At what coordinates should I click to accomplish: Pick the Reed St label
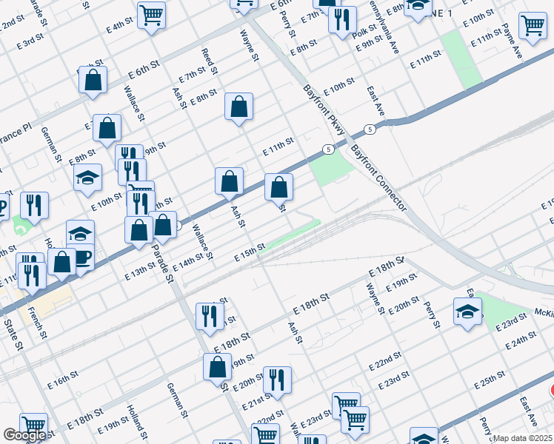click(x=210, y=62)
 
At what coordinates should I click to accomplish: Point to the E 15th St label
click(x=250, y=252)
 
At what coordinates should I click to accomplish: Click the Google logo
click(x=24, y=435)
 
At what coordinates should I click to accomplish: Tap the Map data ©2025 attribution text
click(x=523, y=438)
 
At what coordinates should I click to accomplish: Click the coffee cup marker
click(x=81, y=256)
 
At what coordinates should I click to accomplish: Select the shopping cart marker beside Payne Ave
click(x=533, y=25)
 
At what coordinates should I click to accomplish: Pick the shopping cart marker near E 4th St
click(x=151, y=13)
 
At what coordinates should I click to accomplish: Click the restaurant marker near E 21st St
click(x=277, y=380)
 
